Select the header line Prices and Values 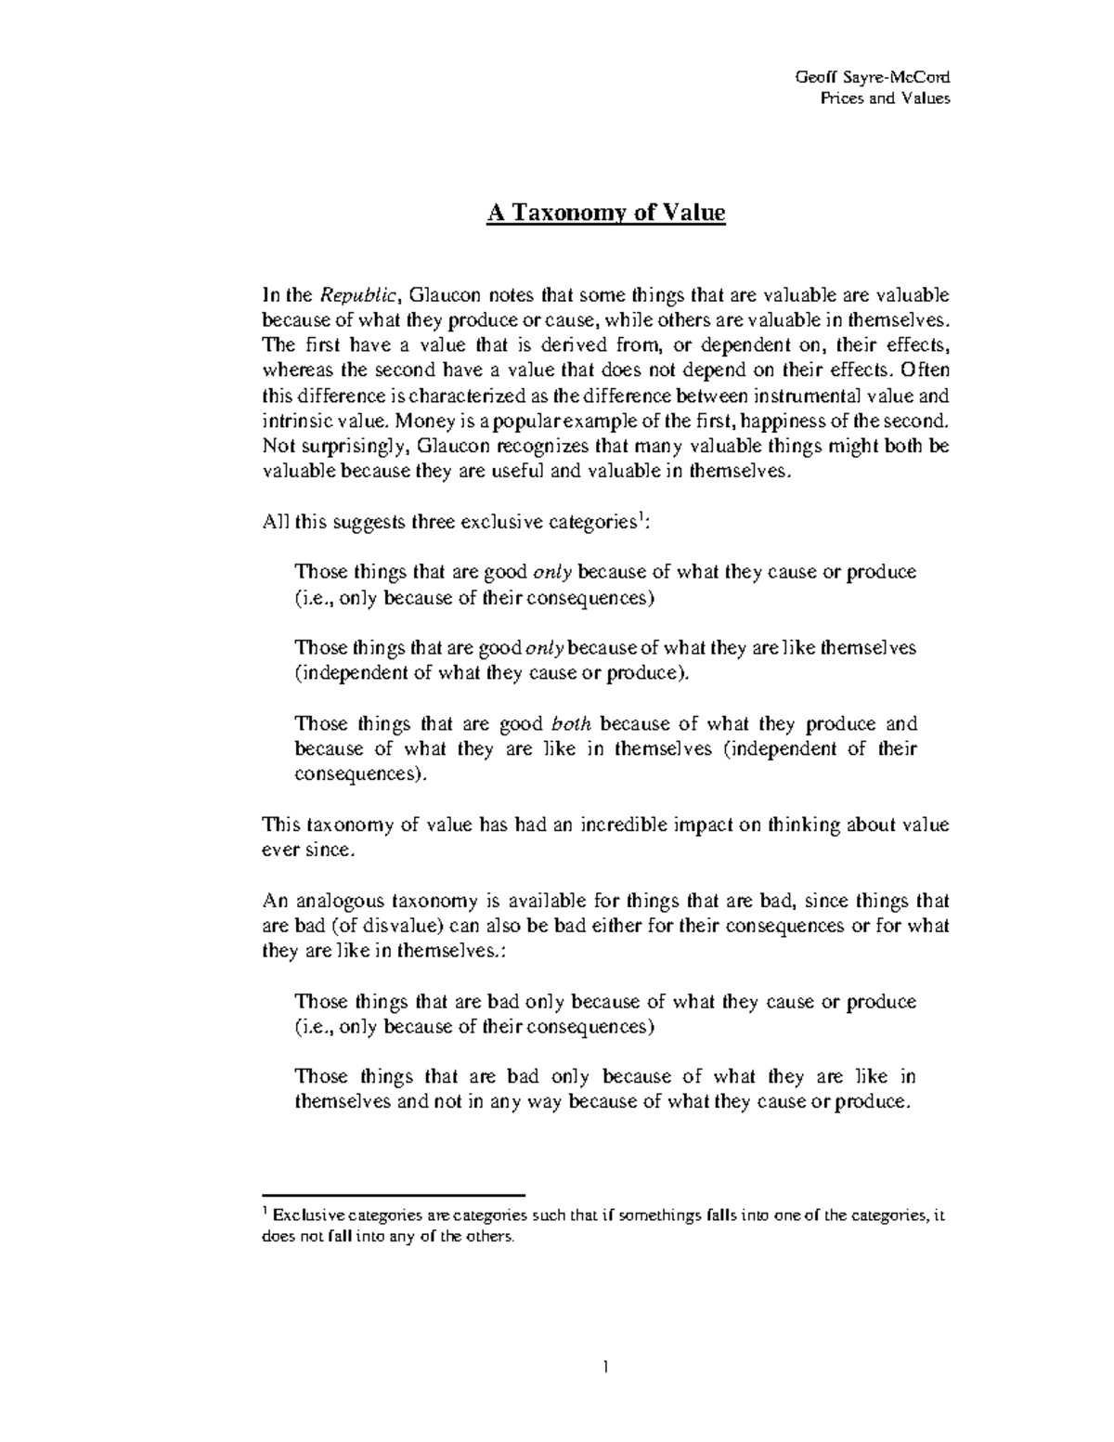(x=885, y=98)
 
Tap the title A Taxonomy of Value (x=606, y=214)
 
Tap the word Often (x=923, y=371)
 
